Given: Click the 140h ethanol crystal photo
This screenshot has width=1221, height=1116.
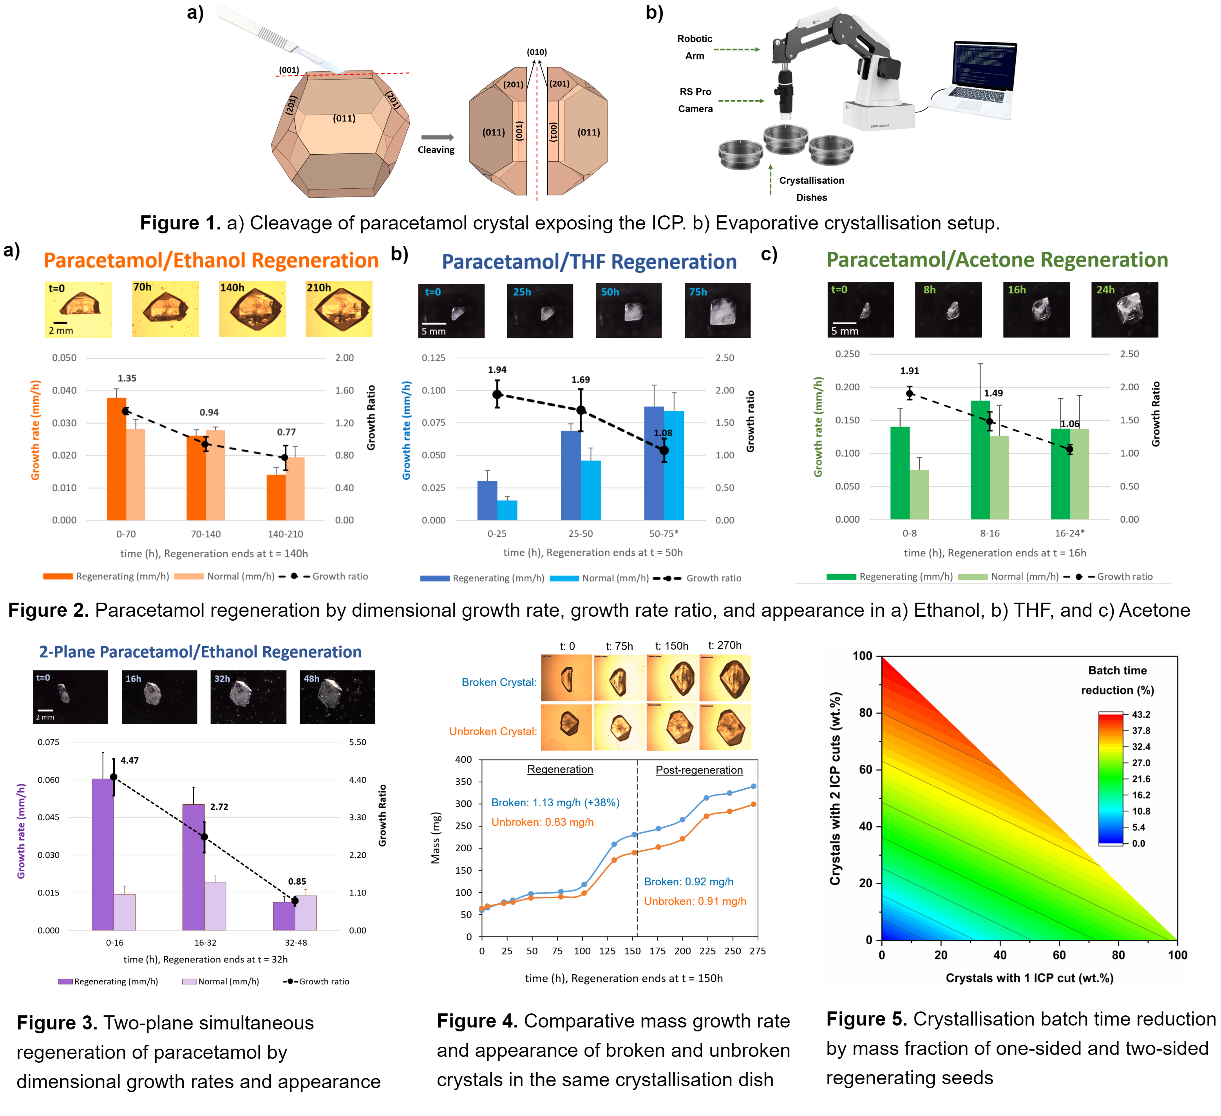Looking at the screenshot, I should tap(253, 309).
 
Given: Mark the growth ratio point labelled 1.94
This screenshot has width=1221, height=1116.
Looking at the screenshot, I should tap(497, 394).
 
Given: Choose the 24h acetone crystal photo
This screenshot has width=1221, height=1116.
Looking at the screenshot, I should tap(1124, 309).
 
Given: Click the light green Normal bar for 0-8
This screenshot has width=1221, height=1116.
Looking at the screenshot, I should tap(919, 494).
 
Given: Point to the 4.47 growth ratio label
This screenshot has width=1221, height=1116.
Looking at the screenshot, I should tap(130, 760).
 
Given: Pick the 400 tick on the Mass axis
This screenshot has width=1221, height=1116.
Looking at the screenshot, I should tap(463, 759).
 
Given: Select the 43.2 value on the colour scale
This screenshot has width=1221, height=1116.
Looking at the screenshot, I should tap(1141, 715).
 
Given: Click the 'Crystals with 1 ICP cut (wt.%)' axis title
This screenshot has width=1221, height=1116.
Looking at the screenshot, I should tap(1029, 977).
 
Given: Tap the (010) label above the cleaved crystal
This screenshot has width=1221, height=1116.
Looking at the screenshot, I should tap(537, 52).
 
